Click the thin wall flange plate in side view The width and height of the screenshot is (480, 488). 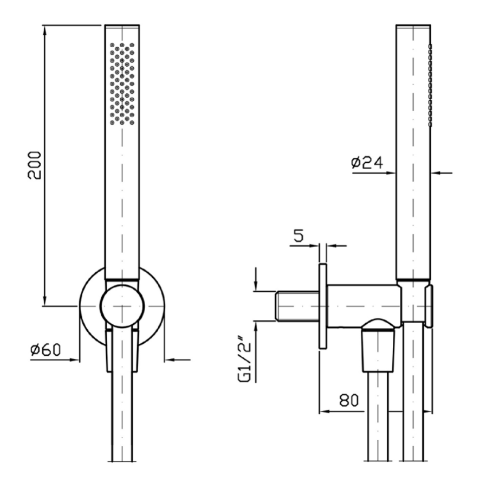point(323,306)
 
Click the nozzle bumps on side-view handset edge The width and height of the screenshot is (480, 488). point(430,86)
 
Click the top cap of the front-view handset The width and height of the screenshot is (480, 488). point(122,26)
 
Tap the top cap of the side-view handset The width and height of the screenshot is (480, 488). point(413,26)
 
